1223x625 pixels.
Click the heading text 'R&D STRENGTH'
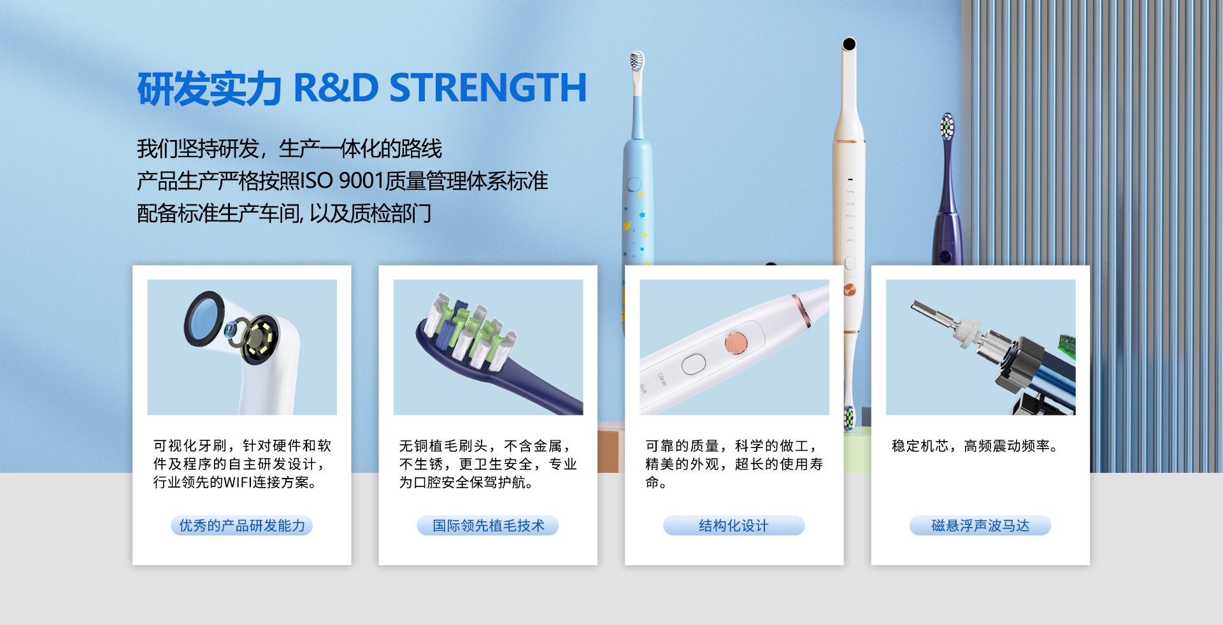click(440, 88)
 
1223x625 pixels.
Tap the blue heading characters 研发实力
click(209, 88)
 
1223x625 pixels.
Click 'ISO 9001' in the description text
click(341, 181)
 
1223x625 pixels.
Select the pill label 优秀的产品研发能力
click(242, 526)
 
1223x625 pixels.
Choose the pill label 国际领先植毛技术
click(488, 526)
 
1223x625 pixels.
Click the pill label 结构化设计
click(734, 526)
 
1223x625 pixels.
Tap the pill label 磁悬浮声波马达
click(980, 526)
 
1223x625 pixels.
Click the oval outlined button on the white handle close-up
click(694, 365)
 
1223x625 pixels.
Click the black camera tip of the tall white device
click(848, 44)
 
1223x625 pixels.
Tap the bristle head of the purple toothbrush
click(947, 127)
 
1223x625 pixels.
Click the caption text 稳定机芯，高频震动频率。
click(975, 446)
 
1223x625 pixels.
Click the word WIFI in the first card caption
click(238, 482)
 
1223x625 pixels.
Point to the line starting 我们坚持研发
click(289, 149)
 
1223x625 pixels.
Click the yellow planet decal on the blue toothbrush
click(628, 227)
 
